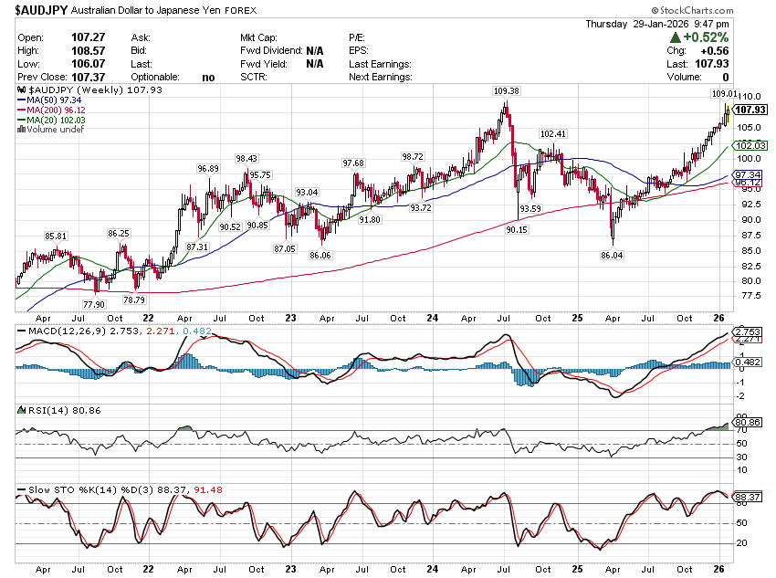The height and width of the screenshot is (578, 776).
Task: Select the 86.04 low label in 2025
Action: pyautogui.click(x=611, y=256)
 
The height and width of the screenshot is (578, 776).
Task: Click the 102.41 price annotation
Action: pyautogui.click(x=553, y=134)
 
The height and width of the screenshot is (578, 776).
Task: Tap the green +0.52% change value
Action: pyautogui.click(x=707, y=37)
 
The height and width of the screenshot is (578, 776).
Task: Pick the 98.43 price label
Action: pyautogui.click(x=246, y=158)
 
